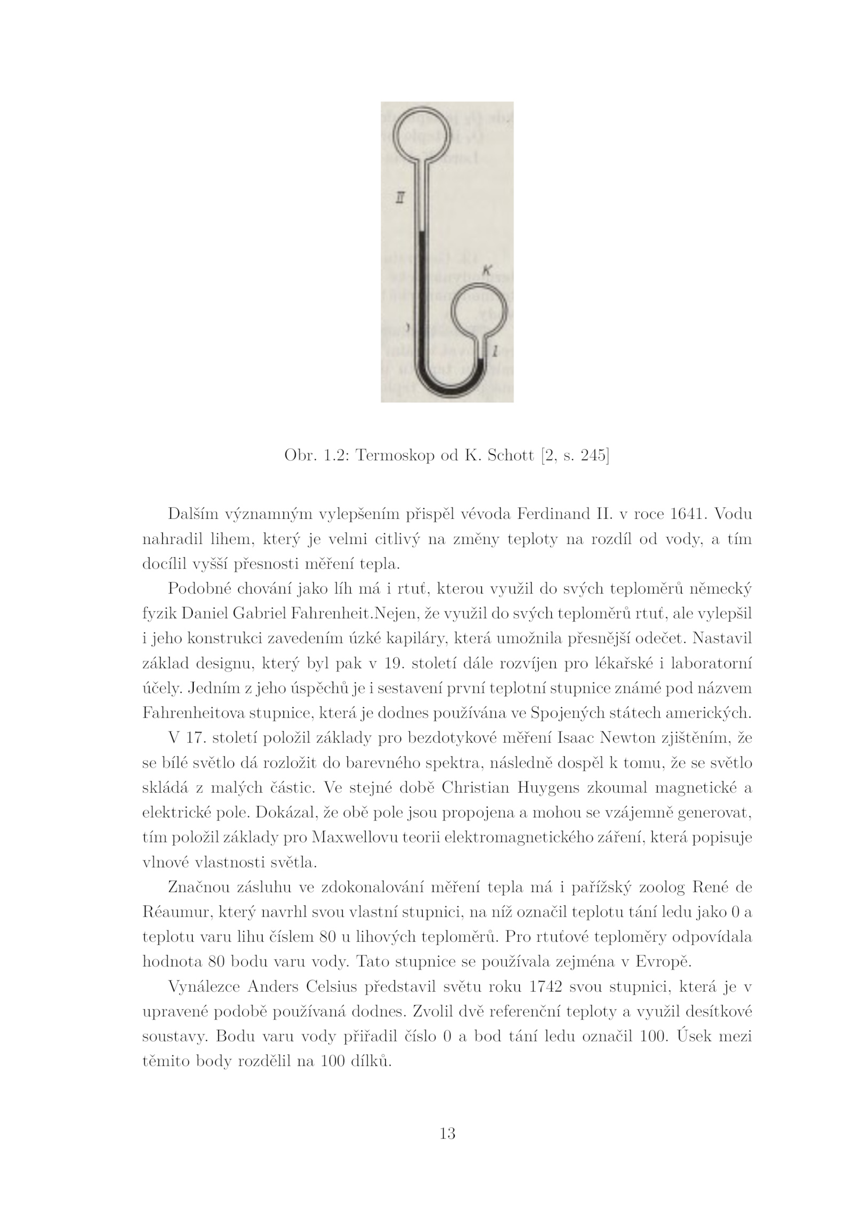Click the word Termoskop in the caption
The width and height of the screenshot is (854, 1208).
[395, 455]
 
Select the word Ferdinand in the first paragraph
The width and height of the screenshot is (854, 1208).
[552, 514]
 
